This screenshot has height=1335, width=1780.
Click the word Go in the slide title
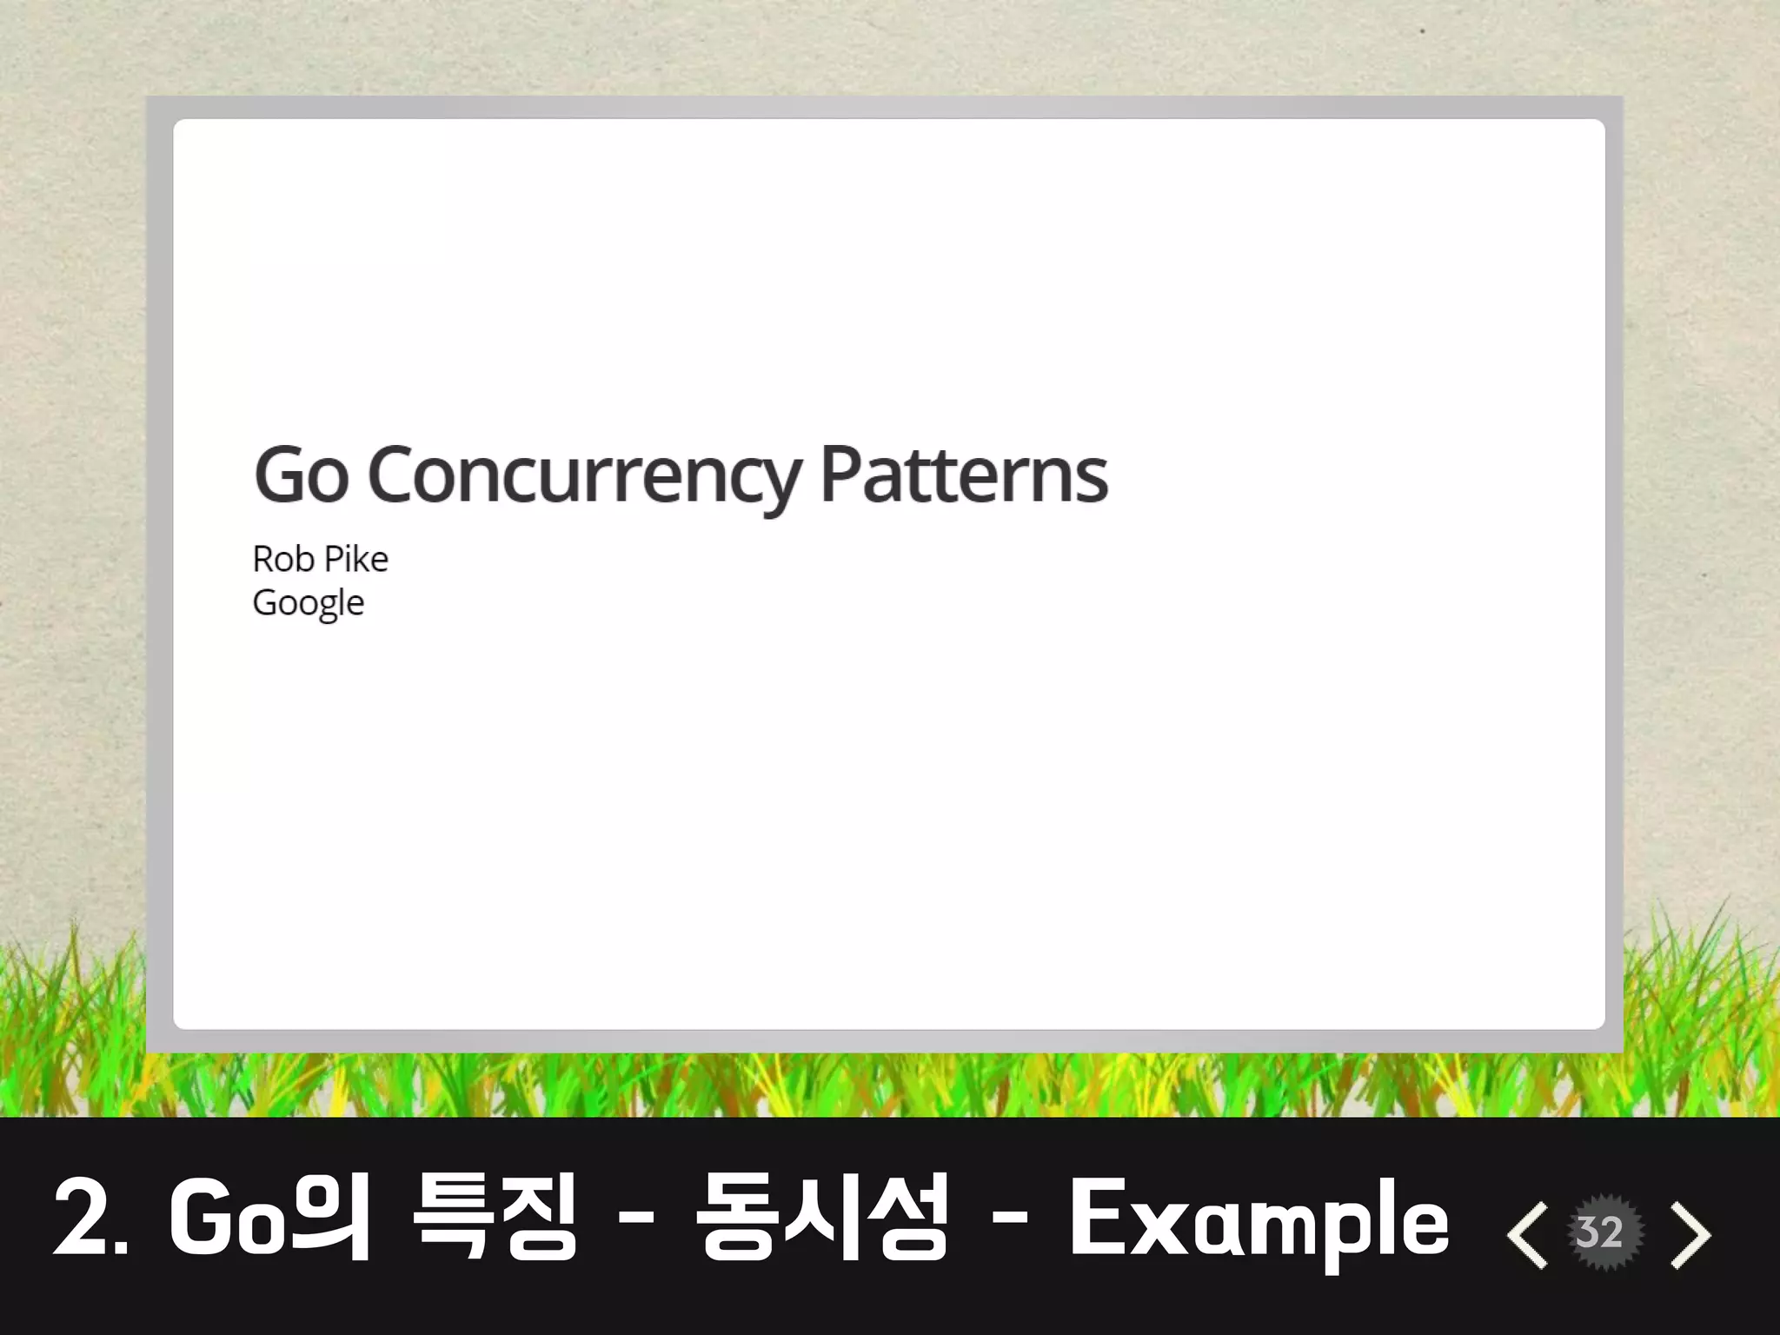301,475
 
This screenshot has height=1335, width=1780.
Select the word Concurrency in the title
584,477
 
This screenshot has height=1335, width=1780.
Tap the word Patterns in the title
964,475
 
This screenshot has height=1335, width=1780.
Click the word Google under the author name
309,603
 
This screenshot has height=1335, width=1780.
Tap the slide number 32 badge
1600,1232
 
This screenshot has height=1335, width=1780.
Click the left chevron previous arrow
1527,1234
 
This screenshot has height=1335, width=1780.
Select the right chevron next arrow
1690,1234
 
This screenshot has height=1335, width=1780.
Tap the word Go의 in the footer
270,1217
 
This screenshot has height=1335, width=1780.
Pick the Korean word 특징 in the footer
495,1217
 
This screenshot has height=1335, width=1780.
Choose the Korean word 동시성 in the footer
820,1217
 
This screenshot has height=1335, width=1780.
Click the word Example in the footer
1259,1219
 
